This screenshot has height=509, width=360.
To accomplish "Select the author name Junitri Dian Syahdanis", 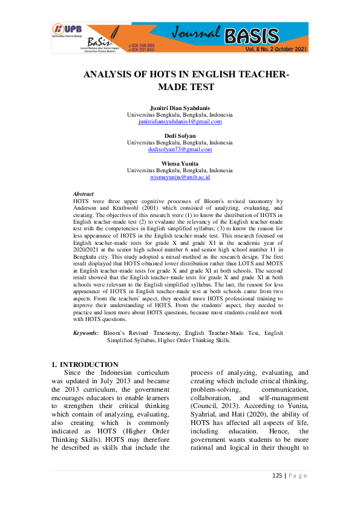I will [180, 108].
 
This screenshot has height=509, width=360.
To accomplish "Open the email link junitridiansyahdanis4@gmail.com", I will [180, 121].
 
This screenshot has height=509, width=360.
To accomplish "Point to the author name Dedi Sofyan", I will [180, 135].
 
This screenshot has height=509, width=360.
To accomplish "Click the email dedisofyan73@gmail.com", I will [180, 149].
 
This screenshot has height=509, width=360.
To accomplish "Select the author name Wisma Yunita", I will [180, 163].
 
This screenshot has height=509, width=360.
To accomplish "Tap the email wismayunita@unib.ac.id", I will [180, 177].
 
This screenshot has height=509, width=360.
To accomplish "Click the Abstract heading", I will [83, 193].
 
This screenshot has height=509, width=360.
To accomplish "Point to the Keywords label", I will [85, 332].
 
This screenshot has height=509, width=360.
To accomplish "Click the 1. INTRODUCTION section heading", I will [85, 365].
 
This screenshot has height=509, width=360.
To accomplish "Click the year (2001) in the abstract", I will [150, 207].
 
